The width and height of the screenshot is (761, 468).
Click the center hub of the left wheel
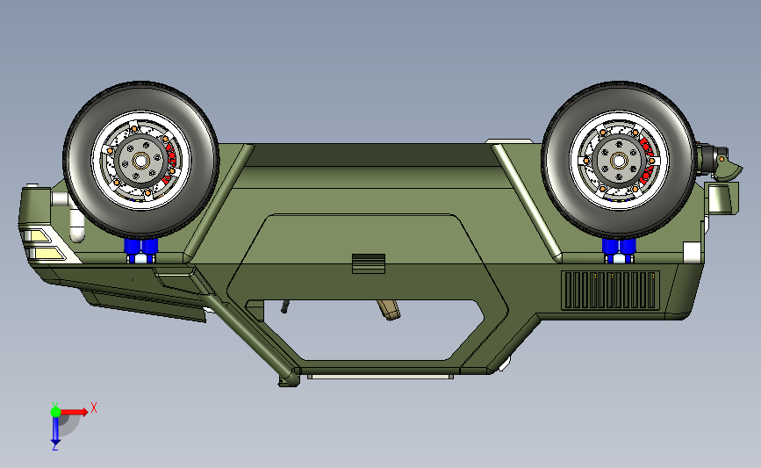[140, 160]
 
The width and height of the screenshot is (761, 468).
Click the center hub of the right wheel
[619, 160]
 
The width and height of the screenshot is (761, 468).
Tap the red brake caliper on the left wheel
[170, 159]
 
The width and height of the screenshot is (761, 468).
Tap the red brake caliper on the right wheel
[648, 160]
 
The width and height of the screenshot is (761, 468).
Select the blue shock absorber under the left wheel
[140, 248]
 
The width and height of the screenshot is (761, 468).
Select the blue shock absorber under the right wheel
[619, 248]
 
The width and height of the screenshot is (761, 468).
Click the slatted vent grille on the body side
[611, 291]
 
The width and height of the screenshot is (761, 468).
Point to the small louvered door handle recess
[369, 263]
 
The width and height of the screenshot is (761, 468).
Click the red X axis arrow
[74, 412]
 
